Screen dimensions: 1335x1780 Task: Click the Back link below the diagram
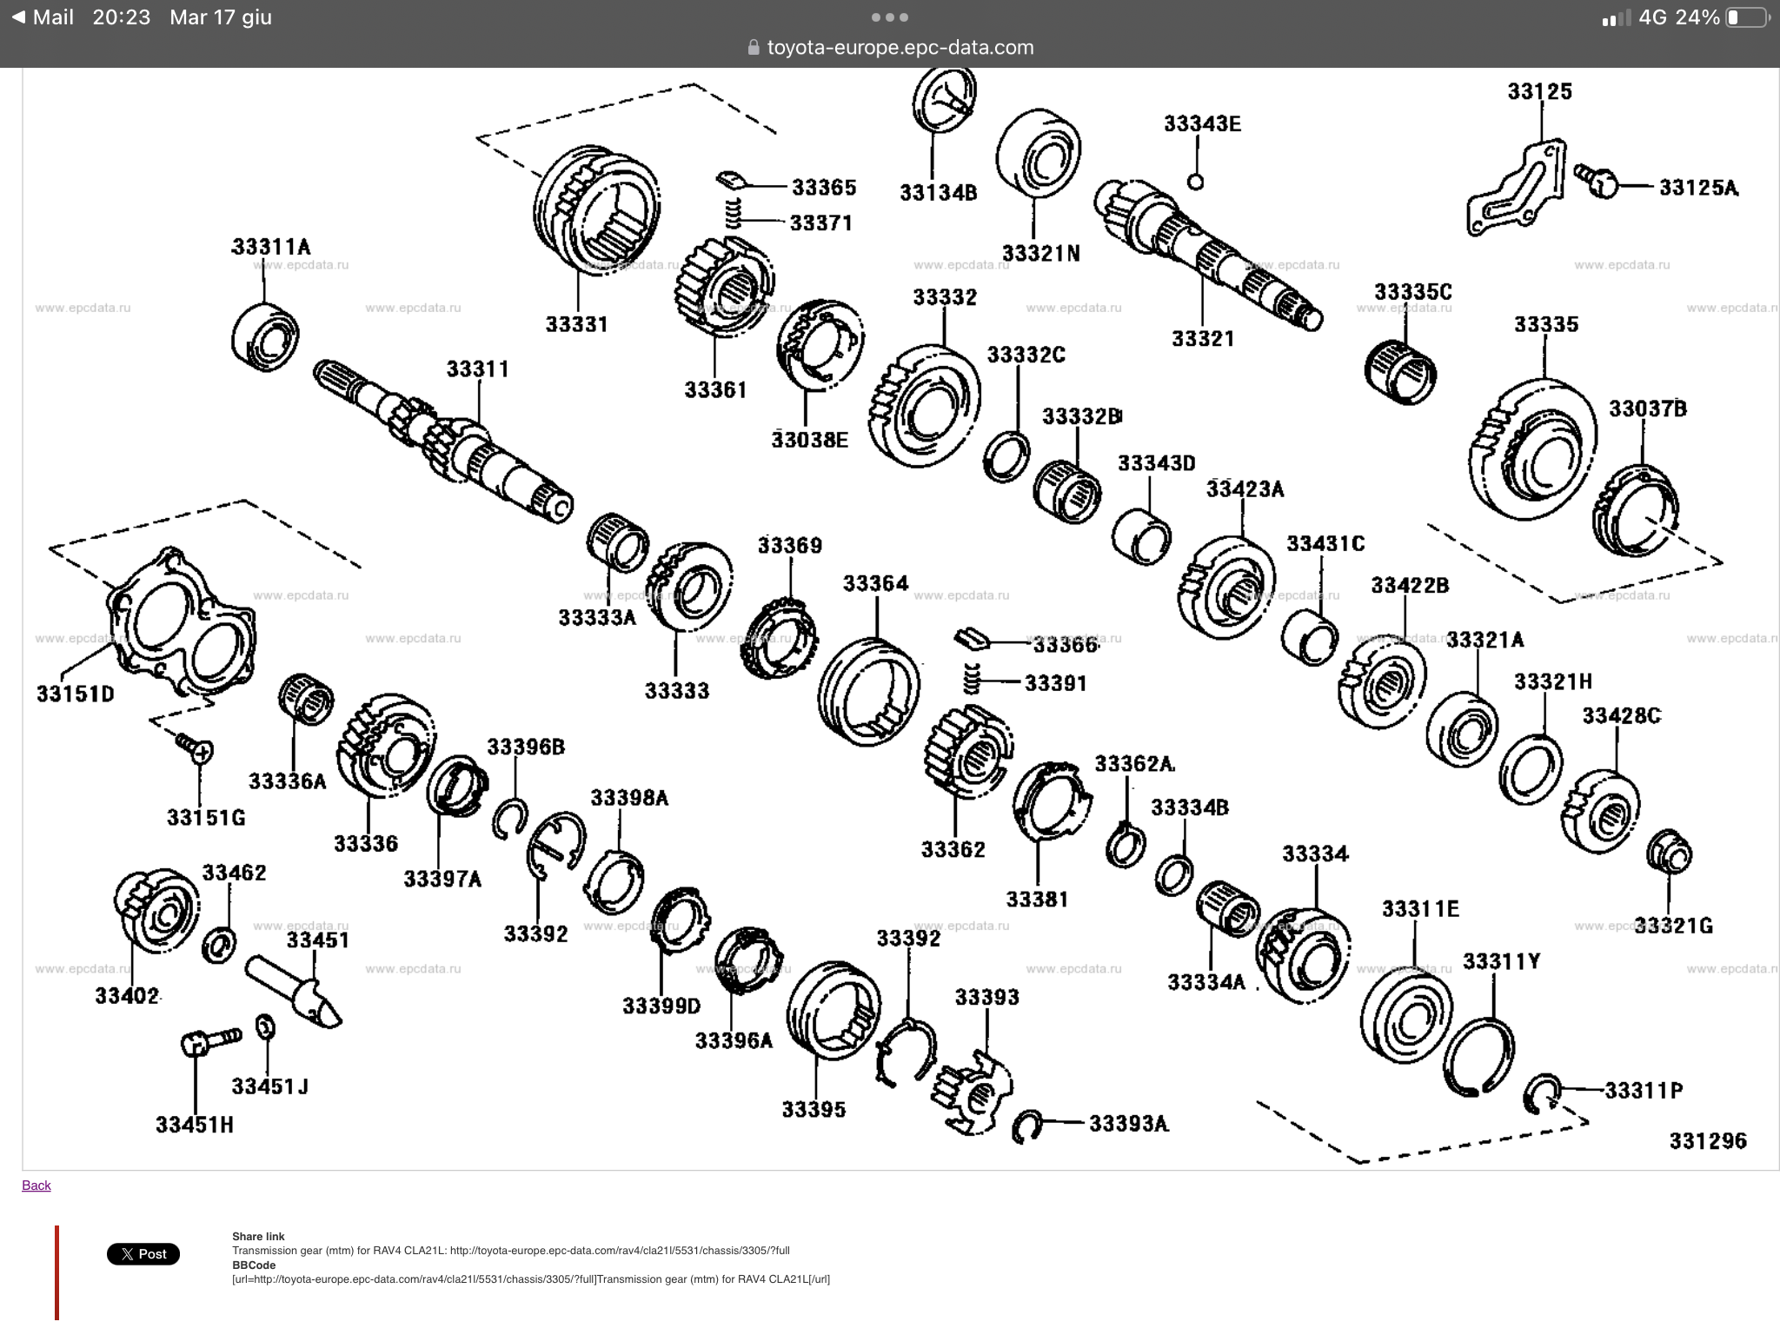coord(37,1186)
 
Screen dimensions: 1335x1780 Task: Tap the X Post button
coord(143,1254)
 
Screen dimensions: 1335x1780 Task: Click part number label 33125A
coord(1698,188)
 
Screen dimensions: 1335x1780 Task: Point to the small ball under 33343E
coord(1195,182)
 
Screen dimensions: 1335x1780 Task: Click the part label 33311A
coord(270,247)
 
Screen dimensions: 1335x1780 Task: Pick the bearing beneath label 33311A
coord(265,336)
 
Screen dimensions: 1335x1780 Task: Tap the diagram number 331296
coord(1707,1140)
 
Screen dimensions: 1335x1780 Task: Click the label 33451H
coord(195,1125)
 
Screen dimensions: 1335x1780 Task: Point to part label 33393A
coord(1128,1124)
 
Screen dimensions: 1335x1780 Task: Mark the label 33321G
coord(1673,926)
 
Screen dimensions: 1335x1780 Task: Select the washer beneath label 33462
coord(218,945)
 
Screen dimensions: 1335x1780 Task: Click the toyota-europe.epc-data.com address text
coord(900,48)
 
